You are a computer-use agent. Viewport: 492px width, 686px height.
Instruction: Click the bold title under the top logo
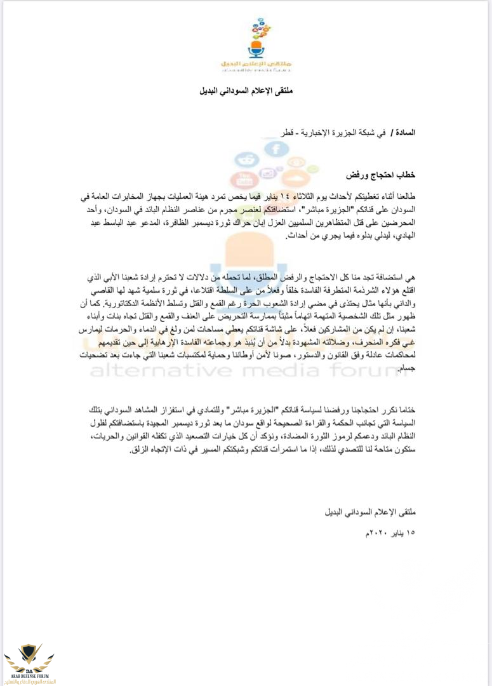pos(246,91)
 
